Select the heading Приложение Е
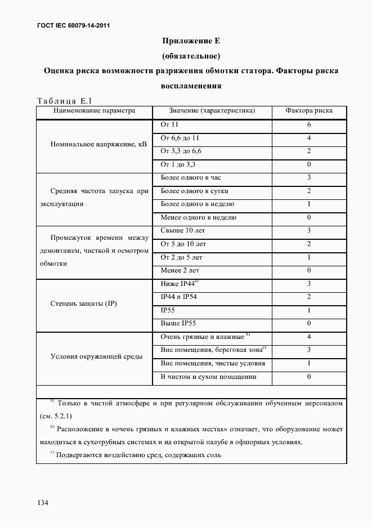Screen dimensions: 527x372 [x=190, y=41]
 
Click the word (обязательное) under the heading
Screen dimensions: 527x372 [x=190, y=56]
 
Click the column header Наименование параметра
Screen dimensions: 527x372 [x=94, y=111]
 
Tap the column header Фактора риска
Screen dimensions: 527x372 [x=308, y=111]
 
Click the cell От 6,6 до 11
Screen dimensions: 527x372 [x=180, y=138]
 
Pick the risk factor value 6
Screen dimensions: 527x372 [x=309, y=124]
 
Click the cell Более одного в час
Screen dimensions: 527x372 [x=191, y=177]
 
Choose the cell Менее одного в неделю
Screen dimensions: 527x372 [x=198, y=217]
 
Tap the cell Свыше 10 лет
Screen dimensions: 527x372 [x=183, y=231]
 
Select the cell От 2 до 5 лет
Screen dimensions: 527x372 [x=181, y=257]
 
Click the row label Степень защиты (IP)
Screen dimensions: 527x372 [x=83, y=303]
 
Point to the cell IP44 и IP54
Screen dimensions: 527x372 [x=183, y=297]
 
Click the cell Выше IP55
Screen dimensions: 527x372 [x=178, y=324]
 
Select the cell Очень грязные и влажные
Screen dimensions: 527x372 [x=202, y=337]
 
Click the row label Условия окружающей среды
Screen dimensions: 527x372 [x=96, y=356]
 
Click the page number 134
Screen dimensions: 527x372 [x=43, y=502]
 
